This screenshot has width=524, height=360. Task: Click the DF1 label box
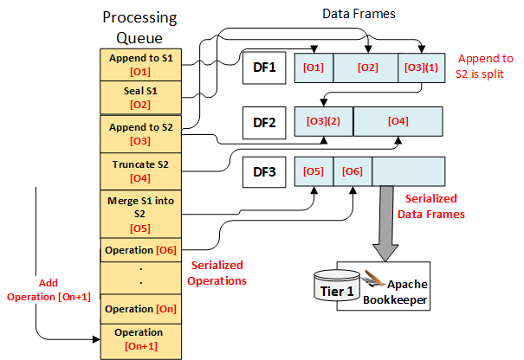(263, 67)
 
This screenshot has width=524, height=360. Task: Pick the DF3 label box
(263, 170)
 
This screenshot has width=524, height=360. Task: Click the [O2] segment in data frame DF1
(366, 67)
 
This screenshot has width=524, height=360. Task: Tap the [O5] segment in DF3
(314, 170)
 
